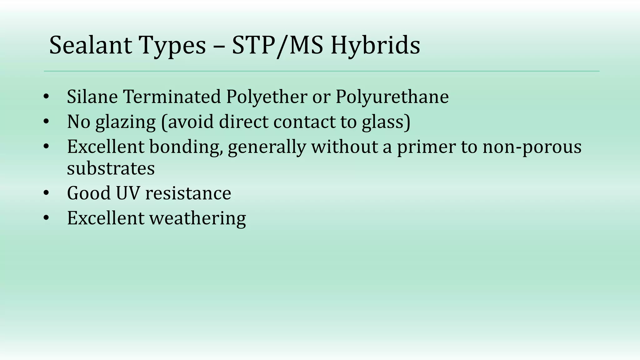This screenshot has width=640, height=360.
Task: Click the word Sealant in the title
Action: click(x=91, y=45)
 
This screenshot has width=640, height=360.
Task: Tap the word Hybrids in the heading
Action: click(x=375, y=45)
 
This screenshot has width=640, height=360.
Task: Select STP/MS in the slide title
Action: click(x=277, y=45)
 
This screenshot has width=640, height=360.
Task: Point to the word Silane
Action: click(x=92, y=97)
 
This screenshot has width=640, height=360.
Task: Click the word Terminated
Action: click(x=172, y=97)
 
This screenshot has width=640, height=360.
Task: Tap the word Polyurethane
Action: click(x=392, y=97)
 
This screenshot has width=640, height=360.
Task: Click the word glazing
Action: click(x=126, y=122)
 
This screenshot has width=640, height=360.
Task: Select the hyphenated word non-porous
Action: click(x=532, y=147)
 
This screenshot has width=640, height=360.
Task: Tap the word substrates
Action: click(x=111, y=168)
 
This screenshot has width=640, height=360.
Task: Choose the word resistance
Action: click(x=188, y=193)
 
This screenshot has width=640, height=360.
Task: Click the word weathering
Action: click(x=197, y=218)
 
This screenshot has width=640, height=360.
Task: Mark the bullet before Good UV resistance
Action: click(x=46, y=193)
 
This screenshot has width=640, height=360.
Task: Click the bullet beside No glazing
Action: click(x=46, y=122)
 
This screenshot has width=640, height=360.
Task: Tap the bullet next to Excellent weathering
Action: click(x=46, y=218)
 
